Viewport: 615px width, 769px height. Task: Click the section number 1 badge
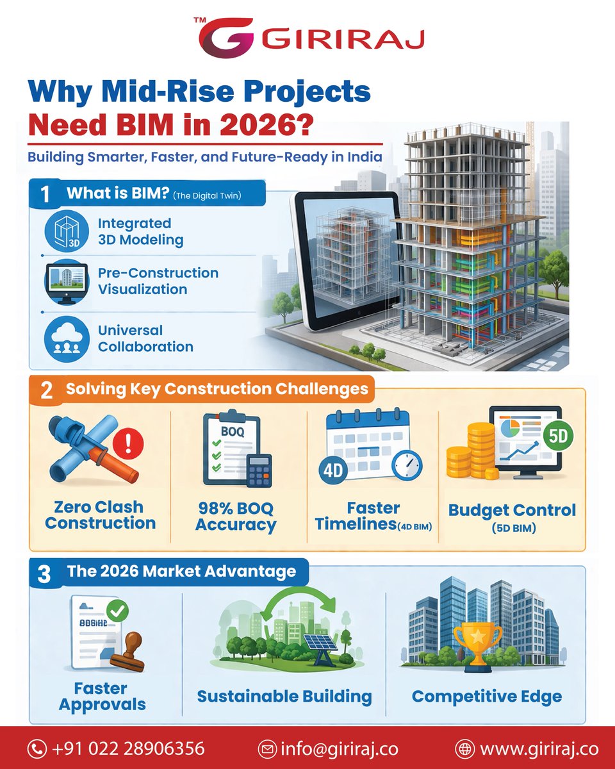(45, 194)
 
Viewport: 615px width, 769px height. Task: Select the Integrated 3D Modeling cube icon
(67, 231)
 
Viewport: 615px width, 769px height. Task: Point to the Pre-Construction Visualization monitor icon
(67, 281)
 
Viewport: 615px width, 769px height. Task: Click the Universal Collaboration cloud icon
(67, 338)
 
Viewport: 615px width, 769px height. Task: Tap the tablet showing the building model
(346, 256)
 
